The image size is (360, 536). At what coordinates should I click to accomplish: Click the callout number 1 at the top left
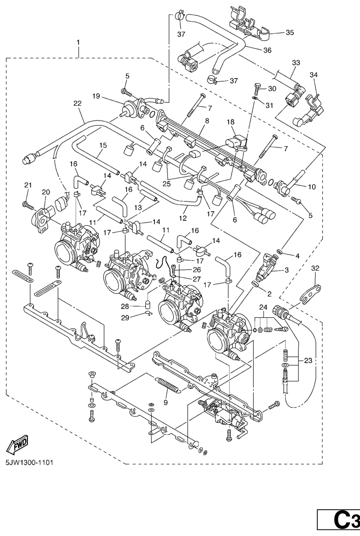[79, 43]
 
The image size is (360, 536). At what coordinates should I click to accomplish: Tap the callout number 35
[290, 33]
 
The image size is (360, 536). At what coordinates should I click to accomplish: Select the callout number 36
[267, 50]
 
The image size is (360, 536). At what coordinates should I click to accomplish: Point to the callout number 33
[296, 63]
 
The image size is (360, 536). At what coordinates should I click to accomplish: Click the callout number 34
[314, 75]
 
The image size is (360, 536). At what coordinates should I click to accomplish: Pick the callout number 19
[96, 96]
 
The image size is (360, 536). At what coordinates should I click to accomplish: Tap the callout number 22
[78, 103]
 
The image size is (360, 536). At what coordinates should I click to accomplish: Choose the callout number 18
[231, 122]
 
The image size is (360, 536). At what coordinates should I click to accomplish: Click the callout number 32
[315, 268]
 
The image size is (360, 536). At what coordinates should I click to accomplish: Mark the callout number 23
[308, 360]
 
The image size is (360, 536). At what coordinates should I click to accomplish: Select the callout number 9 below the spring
[166, 402]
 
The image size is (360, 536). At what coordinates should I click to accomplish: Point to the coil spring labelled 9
[168, 385]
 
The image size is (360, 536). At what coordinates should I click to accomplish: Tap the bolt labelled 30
[257, 88]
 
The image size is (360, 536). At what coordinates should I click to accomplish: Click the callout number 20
[46, 192]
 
